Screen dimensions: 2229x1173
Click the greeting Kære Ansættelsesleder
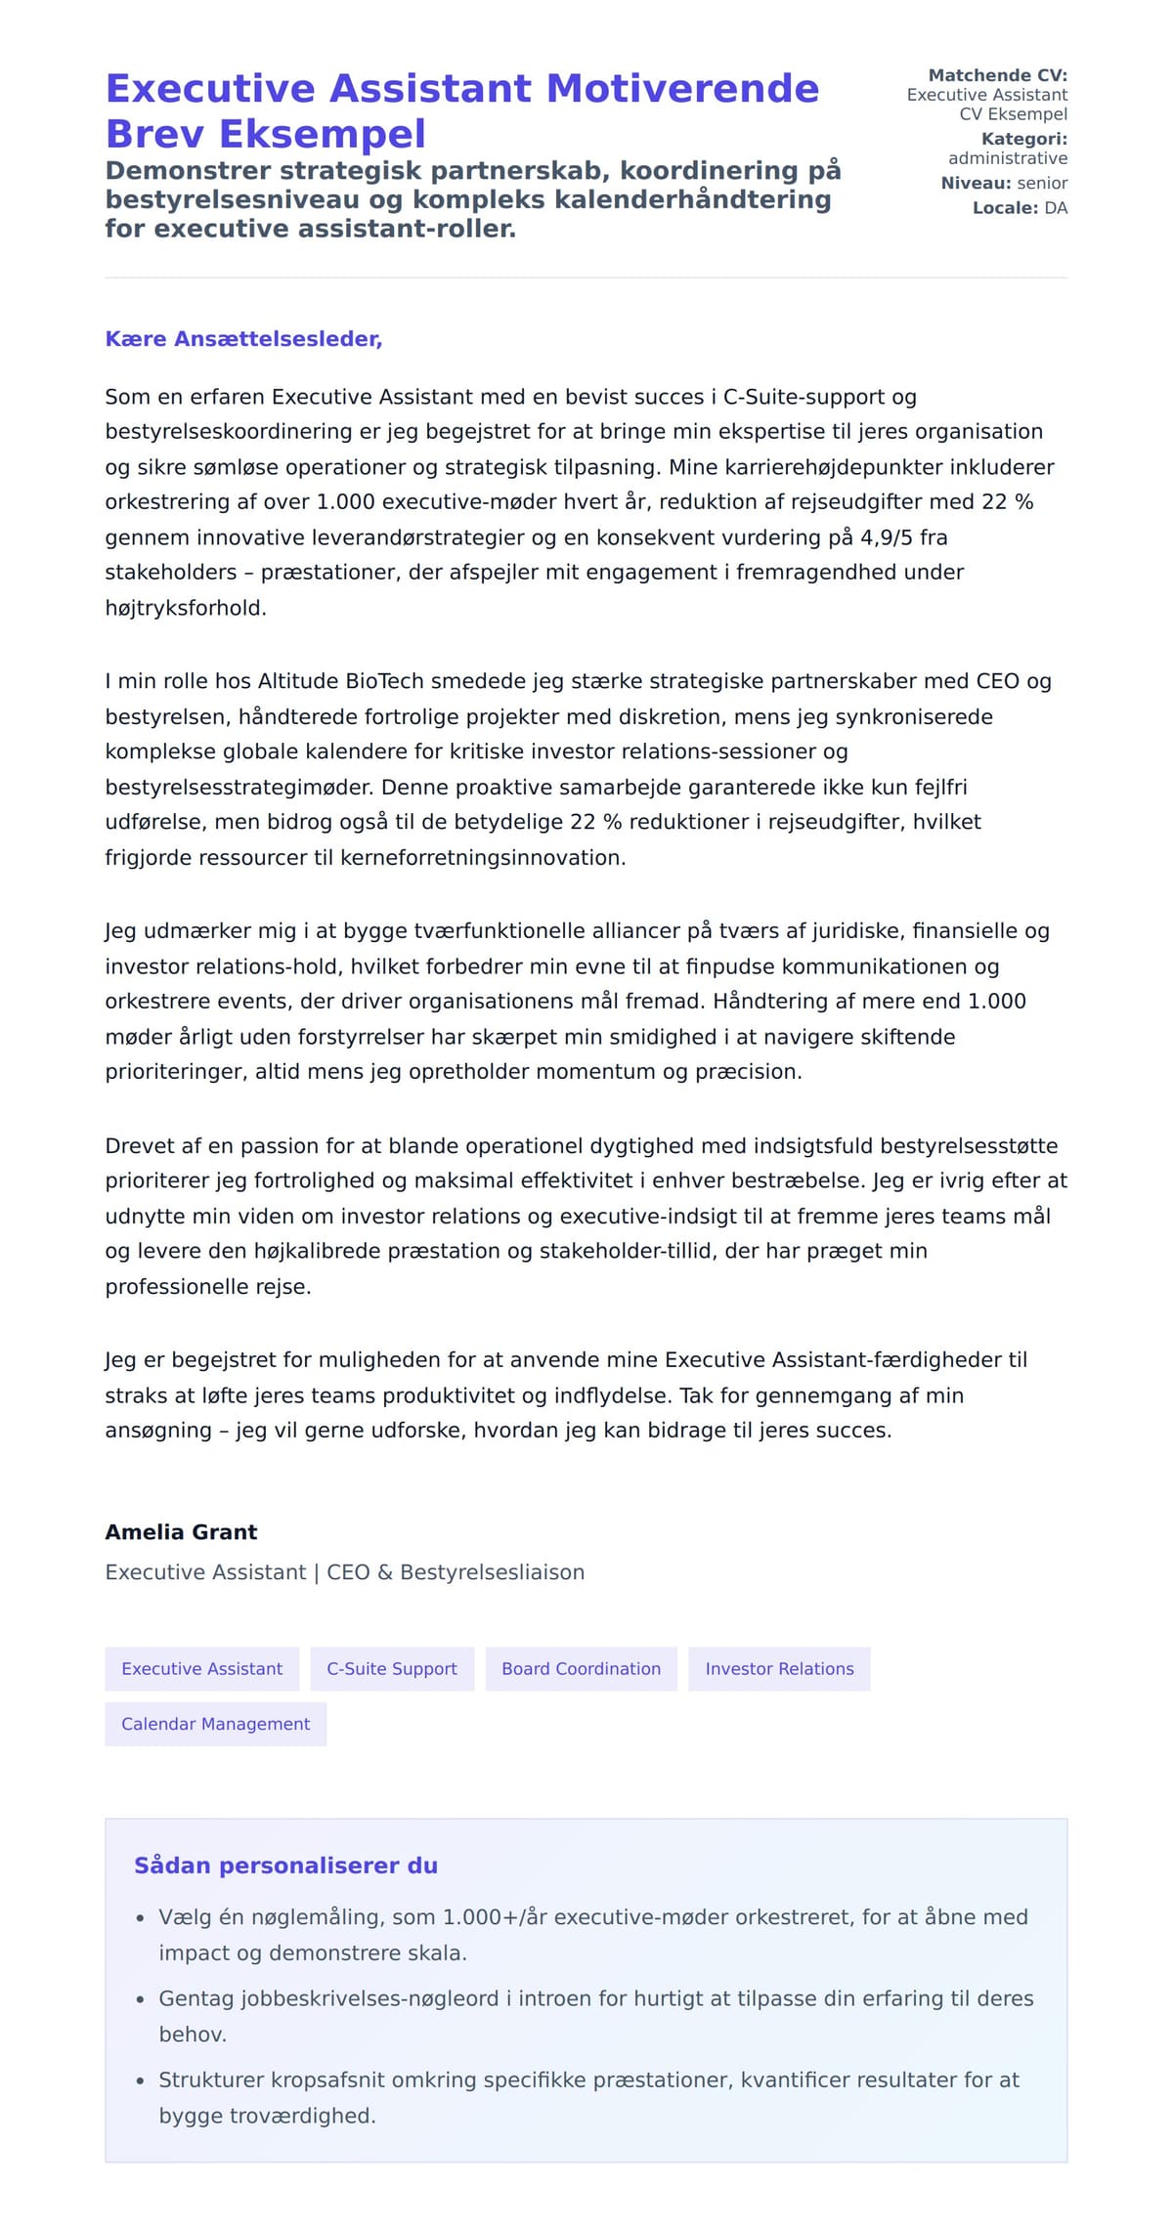(243, 339)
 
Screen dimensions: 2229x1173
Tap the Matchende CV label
(997, 75)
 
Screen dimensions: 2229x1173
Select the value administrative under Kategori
(1007, 158)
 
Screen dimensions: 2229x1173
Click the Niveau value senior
(1042, 183)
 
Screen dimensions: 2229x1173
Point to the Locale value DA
(1056, 208)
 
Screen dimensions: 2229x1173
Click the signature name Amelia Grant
(181, 1531)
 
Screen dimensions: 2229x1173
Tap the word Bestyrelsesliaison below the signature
(492, 1572)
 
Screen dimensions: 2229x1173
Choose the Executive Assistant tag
(201, 1669)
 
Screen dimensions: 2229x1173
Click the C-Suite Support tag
(391, 1669)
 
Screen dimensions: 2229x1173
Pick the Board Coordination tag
(581, 1669)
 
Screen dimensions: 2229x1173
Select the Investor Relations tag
(779, 1669)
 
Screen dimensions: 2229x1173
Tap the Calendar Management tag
(215, 1724)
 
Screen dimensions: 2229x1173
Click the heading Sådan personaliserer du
(285, 1865)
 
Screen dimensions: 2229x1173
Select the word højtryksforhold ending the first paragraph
(185, 608)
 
